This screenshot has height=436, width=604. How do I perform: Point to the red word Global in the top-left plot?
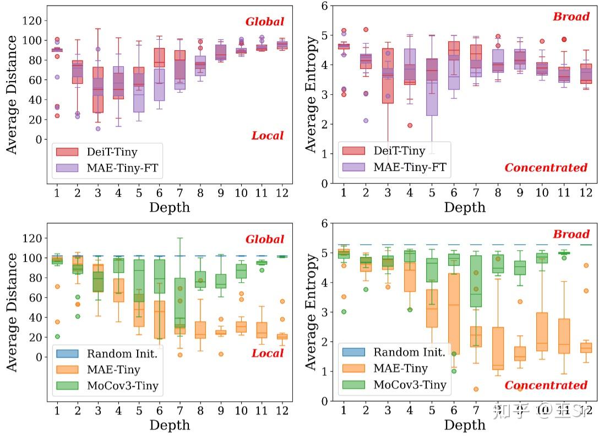click(x=265, y=21)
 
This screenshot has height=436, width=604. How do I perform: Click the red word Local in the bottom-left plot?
click(x=268, y=353)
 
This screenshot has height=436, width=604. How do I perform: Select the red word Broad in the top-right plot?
click(x=571, y=17)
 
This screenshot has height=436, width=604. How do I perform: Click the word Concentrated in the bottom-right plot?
click(x=546, y=385)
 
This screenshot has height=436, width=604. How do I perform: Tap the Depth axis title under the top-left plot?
click(x=169, y=207)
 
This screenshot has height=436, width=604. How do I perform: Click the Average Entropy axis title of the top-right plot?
click(x=312, y=94)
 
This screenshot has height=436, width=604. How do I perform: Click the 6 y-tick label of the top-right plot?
click(x=325, y=6)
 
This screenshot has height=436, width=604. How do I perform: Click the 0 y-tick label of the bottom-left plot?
click(x=38, y=357)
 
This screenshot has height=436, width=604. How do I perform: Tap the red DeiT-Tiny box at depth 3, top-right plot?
click(x=388, y=76)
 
